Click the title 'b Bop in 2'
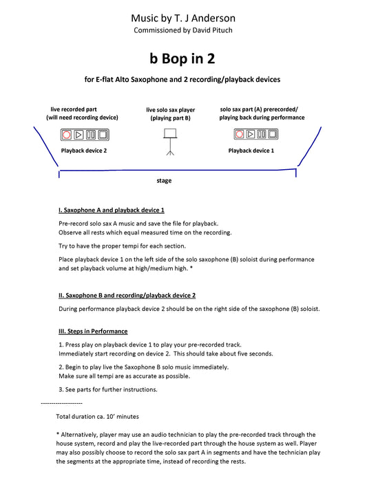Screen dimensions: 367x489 [182, 58]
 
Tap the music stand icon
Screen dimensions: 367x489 [170, 142]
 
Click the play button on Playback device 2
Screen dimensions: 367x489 [78, 135]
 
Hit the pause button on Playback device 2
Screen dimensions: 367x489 [91, 135]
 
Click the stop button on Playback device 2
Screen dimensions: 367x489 [103, 135]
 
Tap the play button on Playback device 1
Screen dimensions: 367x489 [251, 134]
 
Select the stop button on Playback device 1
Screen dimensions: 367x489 [273, 134]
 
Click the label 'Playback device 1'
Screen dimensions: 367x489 [251, 151]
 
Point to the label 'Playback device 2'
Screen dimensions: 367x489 [84, 151]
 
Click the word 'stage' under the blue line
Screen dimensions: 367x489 [164, 181]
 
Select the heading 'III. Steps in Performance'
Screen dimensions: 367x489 [93, 332]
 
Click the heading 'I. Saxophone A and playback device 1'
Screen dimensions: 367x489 [112, 210]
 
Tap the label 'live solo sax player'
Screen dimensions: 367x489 [171, 110]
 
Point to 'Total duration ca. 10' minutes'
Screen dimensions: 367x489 [98, 417]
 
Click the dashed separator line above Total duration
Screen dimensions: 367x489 [61, 403]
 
